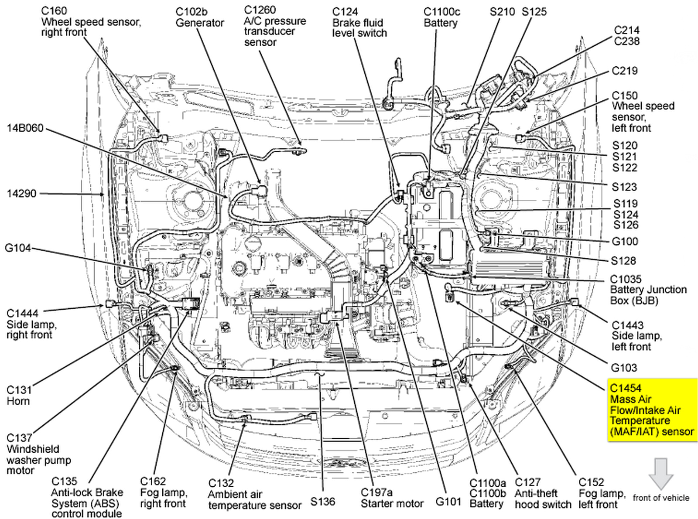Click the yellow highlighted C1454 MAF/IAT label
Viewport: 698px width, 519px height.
pyautogui.click(x=652, y=410)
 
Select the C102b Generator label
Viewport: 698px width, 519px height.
pyautogui.click(x=199, y=17)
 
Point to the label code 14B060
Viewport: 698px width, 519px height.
pyautogui.click(x=25, y=128)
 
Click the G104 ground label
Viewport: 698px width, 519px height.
pyautogui.click(x=18, y=248)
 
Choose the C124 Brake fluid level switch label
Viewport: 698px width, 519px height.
pyautogui.click(x=359, y=22)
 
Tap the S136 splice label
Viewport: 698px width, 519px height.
pyautogui.click(x=322, y=502)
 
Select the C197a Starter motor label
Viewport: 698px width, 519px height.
pyautogui.click(x=391, y=498)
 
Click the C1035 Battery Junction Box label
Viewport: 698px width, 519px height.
pyautogui.click(x=647, y=290)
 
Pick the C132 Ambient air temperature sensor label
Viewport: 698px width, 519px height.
pyautogui.click(x=254, y=495)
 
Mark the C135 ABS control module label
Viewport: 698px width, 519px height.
pyautogui.click(x=86, y=497)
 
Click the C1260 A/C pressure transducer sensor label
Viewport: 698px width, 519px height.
pyautogui.click(x=274, y=26)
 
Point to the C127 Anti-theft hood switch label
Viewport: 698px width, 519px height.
pyautogui.click(x=543, y=493)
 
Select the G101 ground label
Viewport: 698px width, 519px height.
pyautogui.click(x=448, y=502)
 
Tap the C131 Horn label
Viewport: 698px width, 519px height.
pyautogui.click(x=19, y=396)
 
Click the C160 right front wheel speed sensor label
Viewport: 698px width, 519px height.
pyautogui.click(x=90, y=21)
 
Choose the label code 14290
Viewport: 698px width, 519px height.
pyautogui.click(x=21, y=194)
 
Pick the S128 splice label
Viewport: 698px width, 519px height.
pyautogui.click(x=623, y=261)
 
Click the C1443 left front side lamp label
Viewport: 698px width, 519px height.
pyautogui.click(x=636, y=336)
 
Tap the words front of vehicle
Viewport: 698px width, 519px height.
pyautogui.click(x=661, y=498)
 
